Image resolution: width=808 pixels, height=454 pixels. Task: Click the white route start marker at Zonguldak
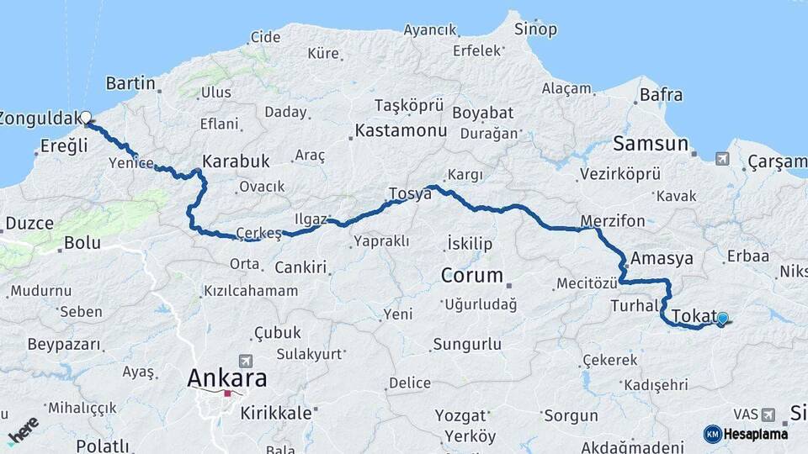(x=85, y=117)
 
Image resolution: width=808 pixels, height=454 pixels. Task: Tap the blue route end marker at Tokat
(x=722, y=319)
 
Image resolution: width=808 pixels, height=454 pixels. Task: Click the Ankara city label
(x=226, y=378)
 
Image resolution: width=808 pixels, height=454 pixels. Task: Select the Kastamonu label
(x=401, y=131)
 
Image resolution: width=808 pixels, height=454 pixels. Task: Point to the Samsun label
(x=651, y=144)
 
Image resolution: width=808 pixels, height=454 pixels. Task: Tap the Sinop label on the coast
(x=535, y=29)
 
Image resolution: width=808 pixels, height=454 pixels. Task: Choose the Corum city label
(x=472, y=275)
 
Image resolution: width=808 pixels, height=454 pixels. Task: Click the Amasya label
(x=662, y=258)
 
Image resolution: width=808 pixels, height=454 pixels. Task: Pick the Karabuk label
(x=236, y=161)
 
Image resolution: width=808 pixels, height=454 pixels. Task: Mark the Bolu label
(x=82, y=244)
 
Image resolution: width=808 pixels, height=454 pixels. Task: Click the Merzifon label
(x=613, y=221)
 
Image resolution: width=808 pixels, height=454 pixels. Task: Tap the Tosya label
(x=410, y=193)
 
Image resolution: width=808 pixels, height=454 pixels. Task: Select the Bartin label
(x=131, y=83)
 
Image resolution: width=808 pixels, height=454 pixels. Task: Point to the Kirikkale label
(x=276, y=413)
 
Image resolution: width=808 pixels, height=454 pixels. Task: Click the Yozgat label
(x=462, y=415)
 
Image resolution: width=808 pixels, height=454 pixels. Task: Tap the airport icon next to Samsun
(x=722, y=158)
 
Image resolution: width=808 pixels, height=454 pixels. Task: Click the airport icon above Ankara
(x=245, y=359)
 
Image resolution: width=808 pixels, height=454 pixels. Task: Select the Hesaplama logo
(x=746, y=434)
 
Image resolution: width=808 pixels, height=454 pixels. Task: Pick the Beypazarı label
(x=64, y=345)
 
